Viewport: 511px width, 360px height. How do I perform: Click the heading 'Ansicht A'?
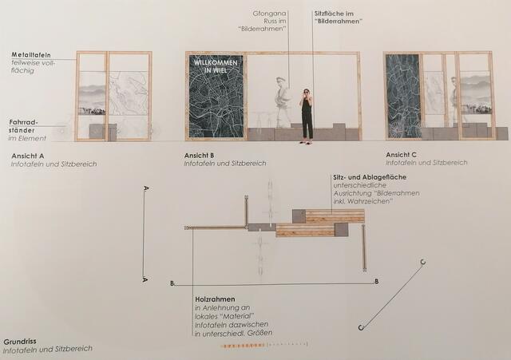[28, 155]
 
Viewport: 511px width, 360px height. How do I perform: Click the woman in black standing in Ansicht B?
[306, 117]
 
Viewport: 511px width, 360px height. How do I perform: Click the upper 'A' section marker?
[145, 189]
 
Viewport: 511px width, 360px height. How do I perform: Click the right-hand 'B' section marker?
[376, 282]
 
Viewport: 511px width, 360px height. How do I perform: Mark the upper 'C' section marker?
[422, 263]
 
